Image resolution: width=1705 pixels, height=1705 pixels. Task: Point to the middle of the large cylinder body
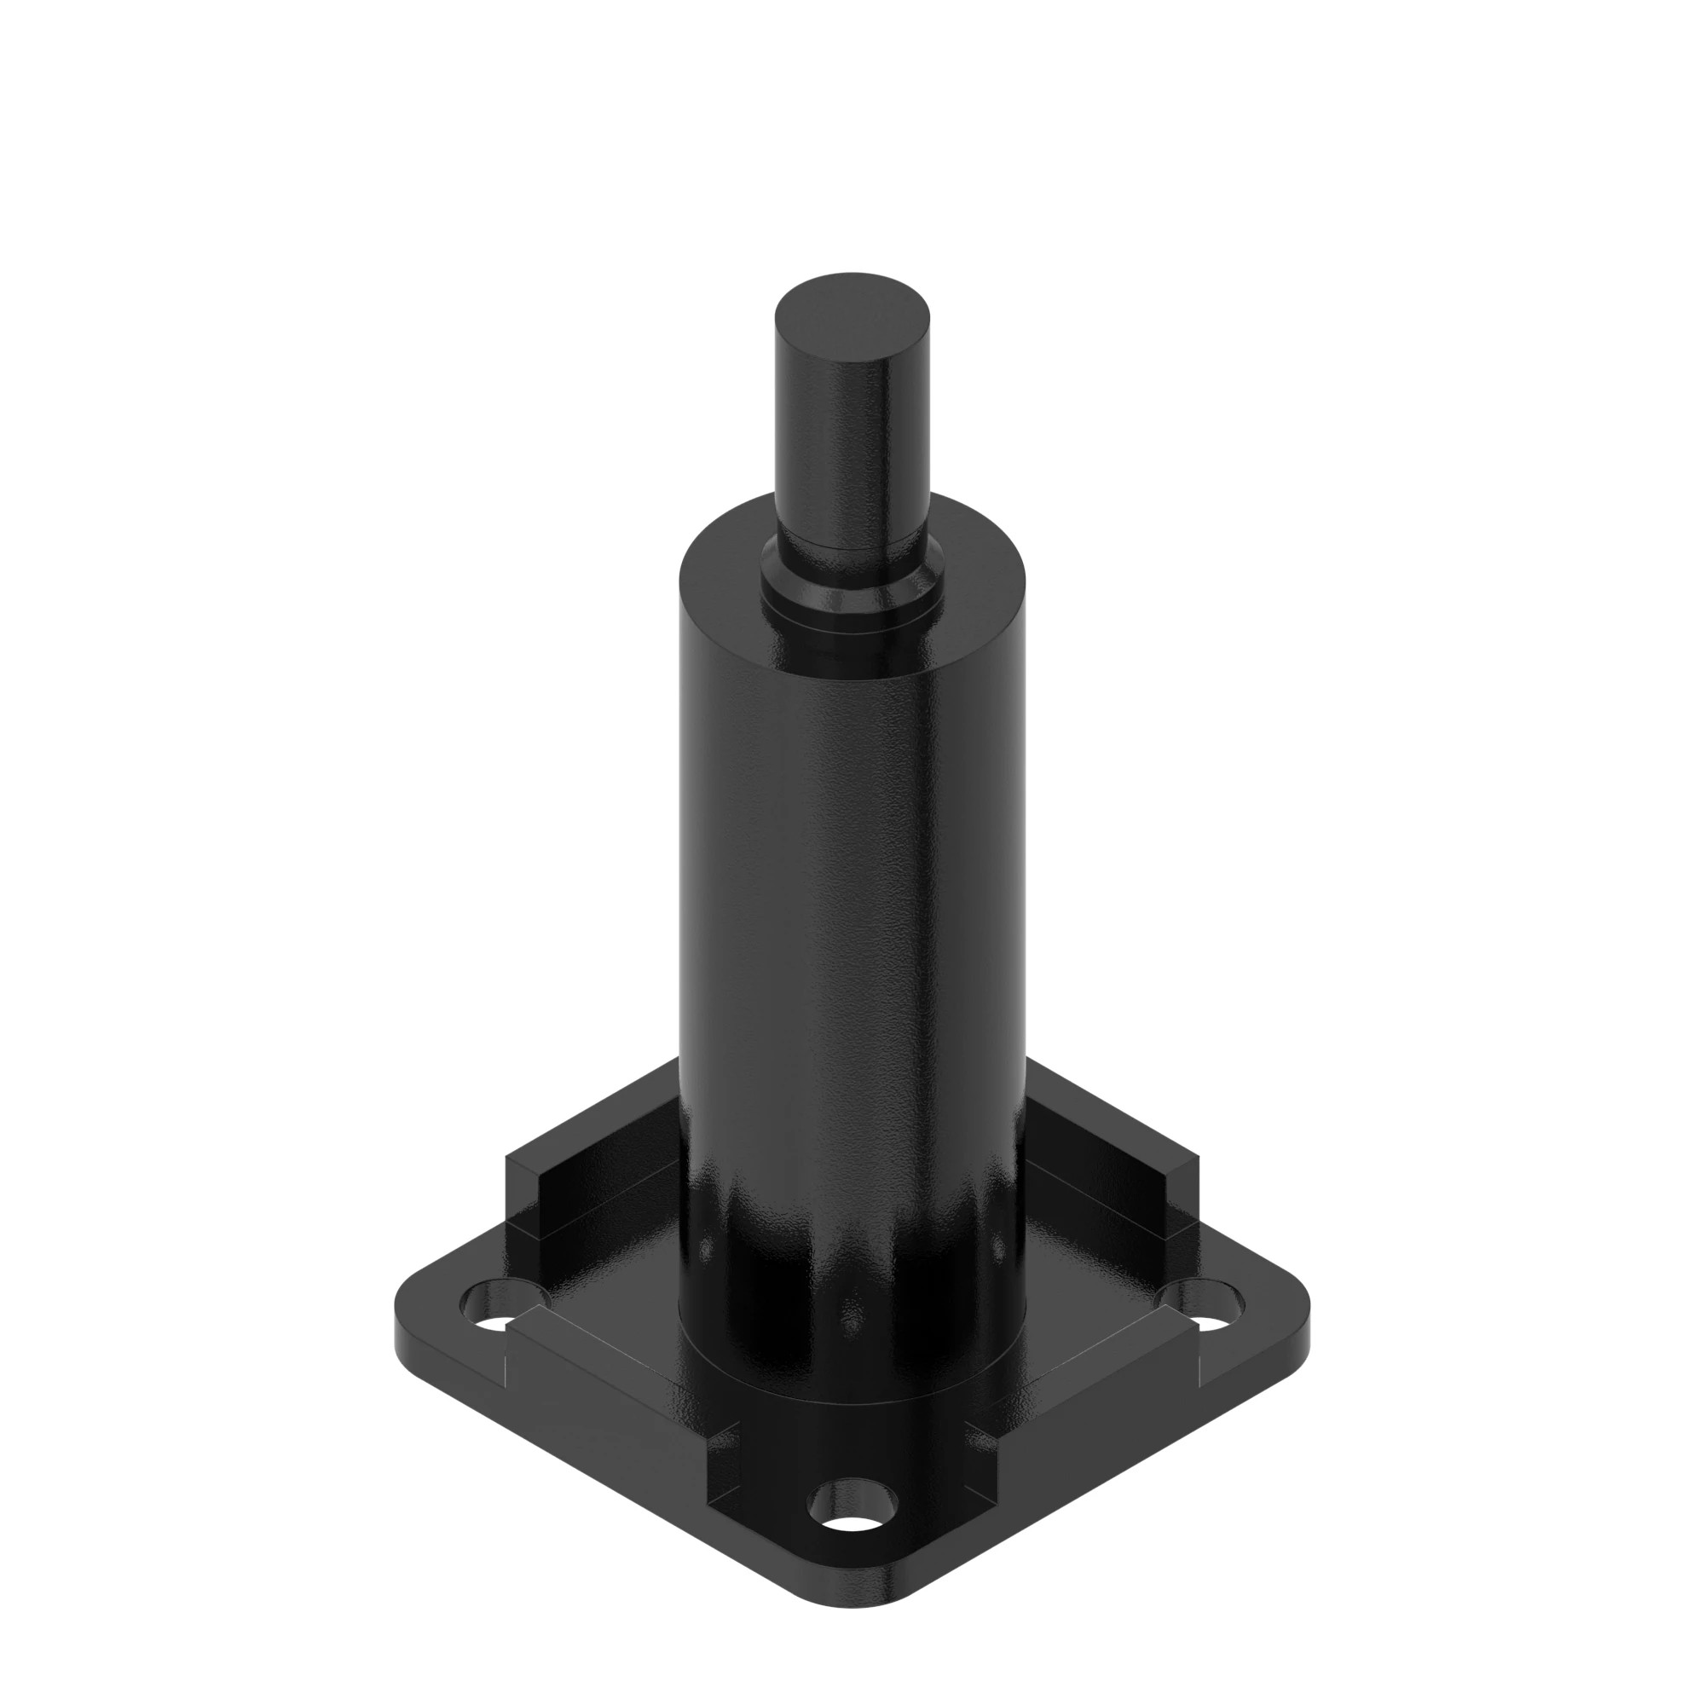[852, 882]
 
